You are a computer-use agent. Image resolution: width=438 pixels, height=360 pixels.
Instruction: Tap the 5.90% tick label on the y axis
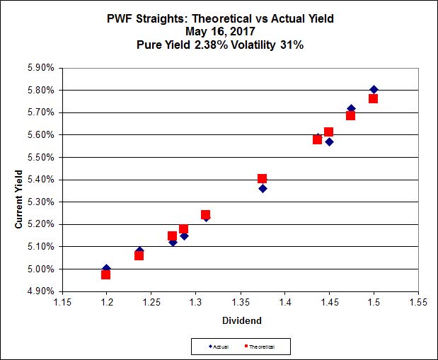[41, 68]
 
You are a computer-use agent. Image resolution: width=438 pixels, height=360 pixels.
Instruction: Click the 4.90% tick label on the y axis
[41, 291]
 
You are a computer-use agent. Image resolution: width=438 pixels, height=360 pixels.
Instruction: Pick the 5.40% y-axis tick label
[41, 180]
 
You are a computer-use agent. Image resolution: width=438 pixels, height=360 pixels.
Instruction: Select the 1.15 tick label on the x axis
[63, 303]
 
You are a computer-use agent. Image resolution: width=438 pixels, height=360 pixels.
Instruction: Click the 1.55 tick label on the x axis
[417, 303]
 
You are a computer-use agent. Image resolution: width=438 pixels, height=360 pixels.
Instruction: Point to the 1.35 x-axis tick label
[241, 303]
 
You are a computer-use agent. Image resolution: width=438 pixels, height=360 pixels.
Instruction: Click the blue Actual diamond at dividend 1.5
[374, 89]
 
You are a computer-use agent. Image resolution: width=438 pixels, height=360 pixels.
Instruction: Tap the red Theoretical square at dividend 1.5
[373, 98]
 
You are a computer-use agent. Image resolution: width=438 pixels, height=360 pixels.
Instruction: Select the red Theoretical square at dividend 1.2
[105, 274]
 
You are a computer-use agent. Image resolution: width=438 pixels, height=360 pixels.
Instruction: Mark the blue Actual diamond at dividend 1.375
[263, 188]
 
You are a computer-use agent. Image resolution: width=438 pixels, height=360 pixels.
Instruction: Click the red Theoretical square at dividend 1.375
[262, 178]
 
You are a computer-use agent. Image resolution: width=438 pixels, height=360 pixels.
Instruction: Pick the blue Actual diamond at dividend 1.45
[329, 141]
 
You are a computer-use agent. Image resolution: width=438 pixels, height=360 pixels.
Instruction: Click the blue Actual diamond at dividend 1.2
[106, 268]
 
